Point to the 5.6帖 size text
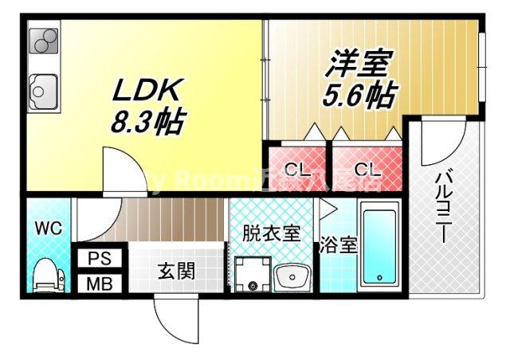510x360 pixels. coord(359,96)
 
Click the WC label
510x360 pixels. coord(47,229)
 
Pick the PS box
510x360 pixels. coord(100,258)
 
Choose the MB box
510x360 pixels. coord(100,283)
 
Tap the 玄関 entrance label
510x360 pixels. coord(175,271)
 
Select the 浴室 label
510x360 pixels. coord(338,245)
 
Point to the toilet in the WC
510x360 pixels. coord(47,275)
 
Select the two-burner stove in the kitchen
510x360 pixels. coord(44,41)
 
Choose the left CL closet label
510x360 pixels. coord(297,170)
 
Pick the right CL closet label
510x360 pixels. coord(367,170)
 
